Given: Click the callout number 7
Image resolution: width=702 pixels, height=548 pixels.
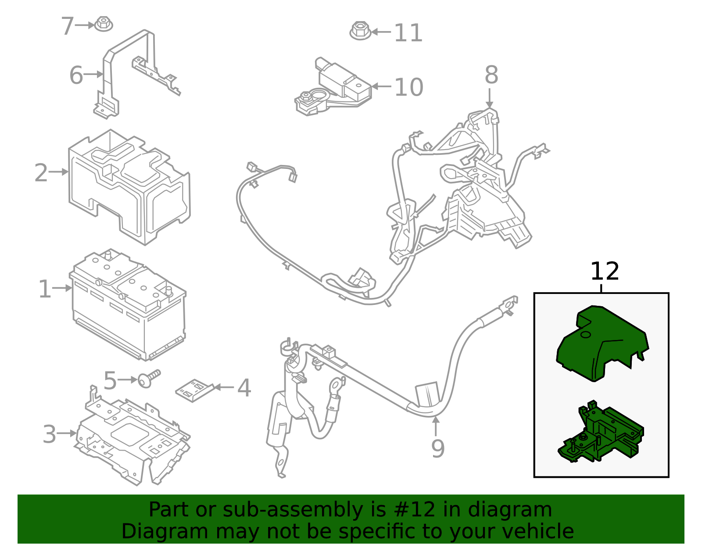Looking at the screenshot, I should coord(67,26).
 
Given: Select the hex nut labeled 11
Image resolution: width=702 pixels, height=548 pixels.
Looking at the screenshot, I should coord(360,31).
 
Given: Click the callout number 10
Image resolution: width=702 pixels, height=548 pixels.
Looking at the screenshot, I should coord(408,87).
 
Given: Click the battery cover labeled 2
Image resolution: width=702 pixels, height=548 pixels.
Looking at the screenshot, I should coord(129,186).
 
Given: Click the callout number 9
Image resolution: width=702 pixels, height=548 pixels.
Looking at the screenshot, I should coord(437,448).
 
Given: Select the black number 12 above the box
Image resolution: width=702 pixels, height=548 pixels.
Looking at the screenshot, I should coord(604,272).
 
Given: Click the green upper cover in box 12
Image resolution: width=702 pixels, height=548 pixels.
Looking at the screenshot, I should coord(601,344).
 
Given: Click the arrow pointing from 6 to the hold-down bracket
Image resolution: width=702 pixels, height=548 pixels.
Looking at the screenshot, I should coord(93,74).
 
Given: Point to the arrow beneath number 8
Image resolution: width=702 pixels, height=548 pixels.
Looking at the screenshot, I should coord(490,98).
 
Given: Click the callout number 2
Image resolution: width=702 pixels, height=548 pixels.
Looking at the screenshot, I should coord(41,173).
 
